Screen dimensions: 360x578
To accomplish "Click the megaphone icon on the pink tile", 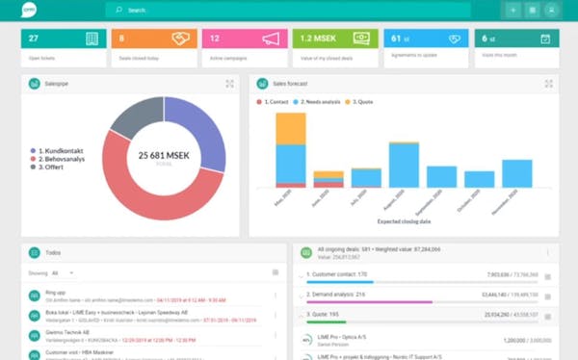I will pyautogui.click(x=272, y=39).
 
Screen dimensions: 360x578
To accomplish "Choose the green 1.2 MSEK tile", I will pyautogui.click(x=333, y=44).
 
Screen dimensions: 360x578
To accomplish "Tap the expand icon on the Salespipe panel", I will pyautogui.click(x=230, y=84).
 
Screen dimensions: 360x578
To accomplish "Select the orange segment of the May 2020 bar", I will pyautogui.click(x=290, y=128).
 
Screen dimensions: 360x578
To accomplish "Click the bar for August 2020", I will pyautogui.click(x=404, y=165).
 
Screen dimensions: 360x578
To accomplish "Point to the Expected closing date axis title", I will pyautogui.click(x=405, y=221).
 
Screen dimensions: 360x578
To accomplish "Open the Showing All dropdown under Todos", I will pyautogui.click(x=64, y=273).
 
